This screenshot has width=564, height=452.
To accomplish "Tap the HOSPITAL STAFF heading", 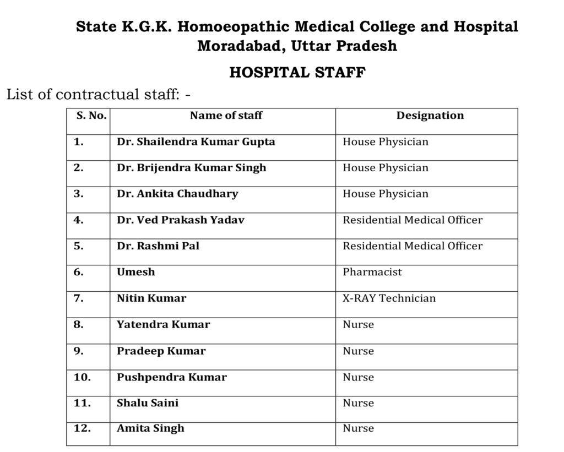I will coord(297,73).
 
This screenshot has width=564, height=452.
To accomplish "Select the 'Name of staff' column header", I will coord(226,116).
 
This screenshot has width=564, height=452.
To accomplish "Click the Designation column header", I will coord(430,116).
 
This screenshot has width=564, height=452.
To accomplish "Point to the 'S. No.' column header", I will coord(88,116).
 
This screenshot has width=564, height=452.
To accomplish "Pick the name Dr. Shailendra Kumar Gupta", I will coord(196,142).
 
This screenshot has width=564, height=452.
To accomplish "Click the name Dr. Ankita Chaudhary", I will coord(177,194).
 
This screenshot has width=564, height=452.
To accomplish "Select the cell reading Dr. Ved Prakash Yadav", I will coord(181,220).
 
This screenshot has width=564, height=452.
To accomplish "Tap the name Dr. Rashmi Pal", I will coord(158,246).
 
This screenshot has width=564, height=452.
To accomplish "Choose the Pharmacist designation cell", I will coord(372,272).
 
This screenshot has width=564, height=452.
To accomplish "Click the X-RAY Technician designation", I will coord(389,298).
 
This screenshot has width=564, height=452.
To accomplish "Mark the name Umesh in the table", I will coord(136,272).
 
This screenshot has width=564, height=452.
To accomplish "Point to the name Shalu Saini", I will coord(148,403).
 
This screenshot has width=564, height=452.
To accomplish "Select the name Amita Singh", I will coord(150,428).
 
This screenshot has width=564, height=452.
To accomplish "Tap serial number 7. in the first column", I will coord(79,298).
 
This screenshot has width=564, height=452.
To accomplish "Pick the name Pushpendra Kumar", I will coord(172,377).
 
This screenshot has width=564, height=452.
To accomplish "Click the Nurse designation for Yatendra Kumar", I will coord(358,325).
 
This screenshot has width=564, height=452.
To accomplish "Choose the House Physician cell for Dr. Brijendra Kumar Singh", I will coord(386,168).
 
